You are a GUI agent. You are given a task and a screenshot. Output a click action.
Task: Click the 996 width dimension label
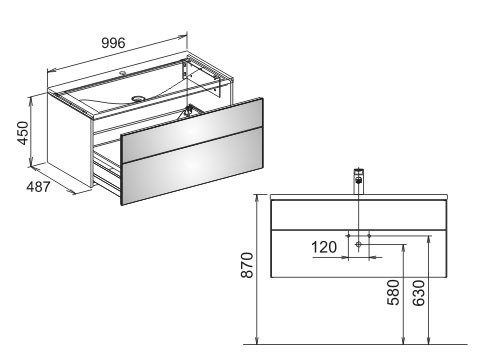click(x=113, y=43)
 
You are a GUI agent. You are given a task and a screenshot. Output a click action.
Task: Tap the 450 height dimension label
click(x=23, y=133)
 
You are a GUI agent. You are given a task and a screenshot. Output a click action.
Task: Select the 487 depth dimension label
click(x=38, y=187)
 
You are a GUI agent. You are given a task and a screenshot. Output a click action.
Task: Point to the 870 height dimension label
click(x=247, y=265)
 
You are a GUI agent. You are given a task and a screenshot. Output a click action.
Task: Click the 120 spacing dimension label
click(x=324, y=247)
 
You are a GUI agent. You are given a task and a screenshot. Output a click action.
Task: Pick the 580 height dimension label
click(x=393, y=292)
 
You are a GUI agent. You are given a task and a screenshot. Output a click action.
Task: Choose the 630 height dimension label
click(x=419, y=293)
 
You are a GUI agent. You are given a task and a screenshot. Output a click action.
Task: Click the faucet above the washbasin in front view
click(x=358, y=181)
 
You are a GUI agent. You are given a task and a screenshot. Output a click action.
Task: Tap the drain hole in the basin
click(x=138, y=98)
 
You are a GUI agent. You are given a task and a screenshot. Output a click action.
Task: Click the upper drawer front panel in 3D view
click(x=192, y=130)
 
